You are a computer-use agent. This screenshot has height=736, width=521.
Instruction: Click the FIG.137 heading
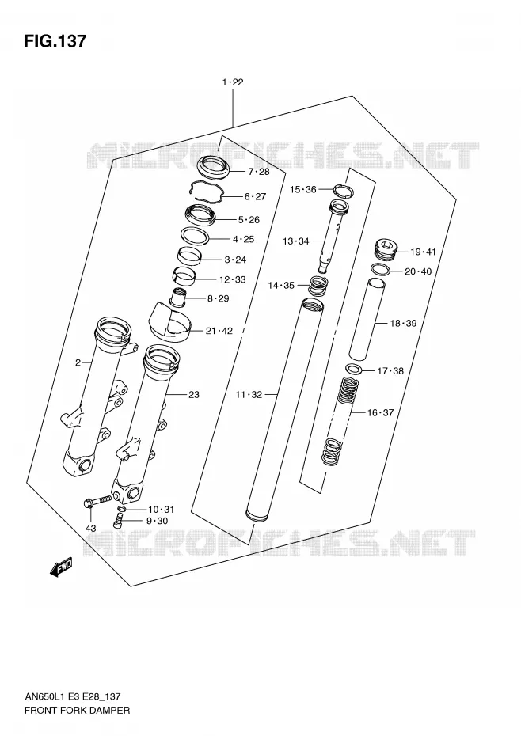[55, 41]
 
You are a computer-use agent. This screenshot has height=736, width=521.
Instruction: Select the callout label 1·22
[233, 82]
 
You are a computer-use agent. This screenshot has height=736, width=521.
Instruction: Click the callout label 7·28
[259, 171]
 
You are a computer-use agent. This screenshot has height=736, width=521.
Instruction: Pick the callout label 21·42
[219, 331]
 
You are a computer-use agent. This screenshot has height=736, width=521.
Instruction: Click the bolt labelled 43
[97, 501]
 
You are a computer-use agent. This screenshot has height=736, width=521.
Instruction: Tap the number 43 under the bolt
[90, 529]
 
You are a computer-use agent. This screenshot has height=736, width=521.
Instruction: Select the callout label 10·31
[162, 510]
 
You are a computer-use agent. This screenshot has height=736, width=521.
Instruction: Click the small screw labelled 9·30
[119, 519]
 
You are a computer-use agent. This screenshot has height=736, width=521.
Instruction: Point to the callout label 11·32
[249, 395]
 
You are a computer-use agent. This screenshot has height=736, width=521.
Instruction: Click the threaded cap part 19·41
[386, 248]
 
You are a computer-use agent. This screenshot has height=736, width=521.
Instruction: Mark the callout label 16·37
[380, 412]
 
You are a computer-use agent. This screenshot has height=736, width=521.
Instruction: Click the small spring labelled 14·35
[319, 286]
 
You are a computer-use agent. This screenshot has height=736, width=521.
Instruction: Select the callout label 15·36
[303, 190]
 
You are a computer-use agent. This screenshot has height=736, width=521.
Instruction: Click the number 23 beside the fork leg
[193, 395]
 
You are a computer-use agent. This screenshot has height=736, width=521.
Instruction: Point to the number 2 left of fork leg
[78, 362]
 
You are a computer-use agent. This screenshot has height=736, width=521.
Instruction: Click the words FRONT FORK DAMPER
[77, 710]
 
